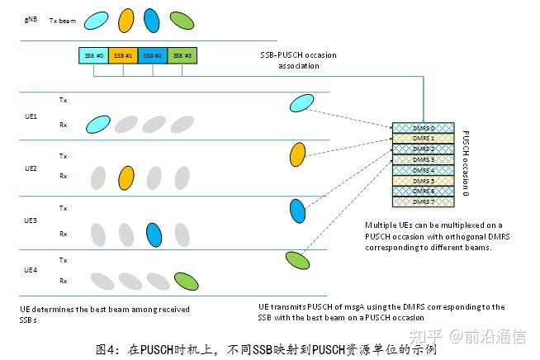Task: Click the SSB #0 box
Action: (x=93, y=55)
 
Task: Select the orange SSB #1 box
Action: (x=123, y=55)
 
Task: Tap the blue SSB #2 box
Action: (x=153, y=55)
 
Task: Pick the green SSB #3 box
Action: (x=181, y=55)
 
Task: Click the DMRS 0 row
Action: (x=423, y=128)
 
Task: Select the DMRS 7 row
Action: (x=423, y=201)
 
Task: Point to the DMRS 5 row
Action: (x=423, y=180)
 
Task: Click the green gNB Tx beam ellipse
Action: (x=182, y=18)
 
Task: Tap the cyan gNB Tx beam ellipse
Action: (x=98, y=18)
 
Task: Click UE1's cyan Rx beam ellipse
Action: (x=96, y=125)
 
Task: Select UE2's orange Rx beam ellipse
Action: (x=126, y=177)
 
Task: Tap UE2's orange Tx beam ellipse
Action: (x=299, y=155)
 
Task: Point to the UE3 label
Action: (x=31, y=220)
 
